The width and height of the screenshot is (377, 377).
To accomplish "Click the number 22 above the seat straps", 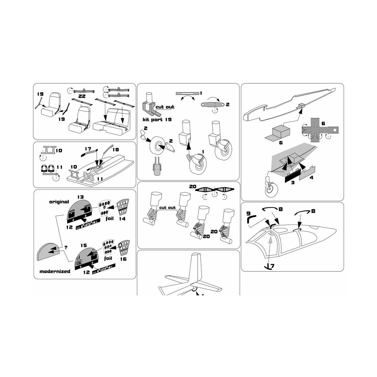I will point(82,96).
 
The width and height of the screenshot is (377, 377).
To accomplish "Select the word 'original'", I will point(59,202).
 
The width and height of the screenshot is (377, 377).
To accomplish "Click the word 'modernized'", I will point(55,271).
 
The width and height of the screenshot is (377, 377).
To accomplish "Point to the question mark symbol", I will point(66,247).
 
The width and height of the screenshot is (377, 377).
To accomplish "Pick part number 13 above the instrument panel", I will point(80,197).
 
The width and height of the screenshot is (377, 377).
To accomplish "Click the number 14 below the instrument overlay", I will point(122,219).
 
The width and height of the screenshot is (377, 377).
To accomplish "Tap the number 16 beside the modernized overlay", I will point(123,259).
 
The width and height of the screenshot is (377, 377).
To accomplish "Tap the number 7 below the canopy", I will point(272,266).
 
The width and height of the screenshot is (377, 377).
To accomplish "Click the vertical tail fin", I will point(197,267).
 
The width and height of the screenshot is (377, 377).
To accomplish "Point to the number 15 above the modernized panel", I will point(83,245).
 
